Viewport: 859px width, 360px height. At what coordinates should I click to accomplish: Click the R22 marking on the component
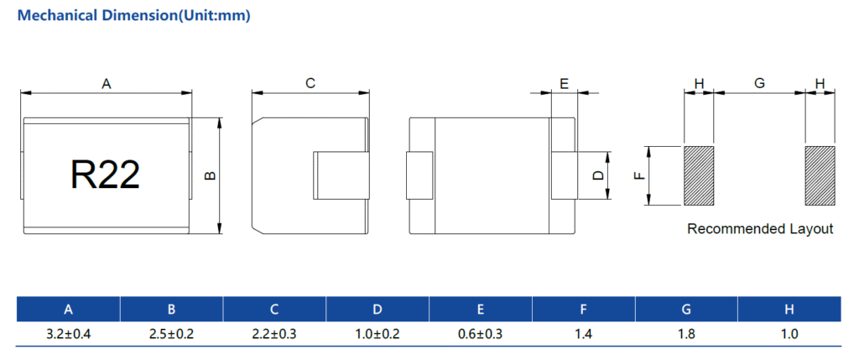[105, 175]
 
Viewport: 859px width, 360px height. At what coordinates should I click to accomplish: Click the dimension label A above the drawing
[107, 83]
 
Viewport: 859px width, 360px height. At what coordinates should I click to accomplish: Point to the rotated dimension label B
[211, 176]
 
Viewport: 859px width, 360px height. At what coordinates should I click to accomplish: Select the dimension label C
[310, 83]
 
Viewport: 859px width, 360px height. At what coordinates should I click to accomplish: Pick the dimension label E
[565, 83]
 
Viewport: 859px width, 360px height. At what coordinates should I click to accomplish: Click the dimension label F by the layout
[638, 175]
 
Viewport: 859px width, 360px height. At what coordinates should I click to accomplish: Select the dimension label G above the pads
[759, 83]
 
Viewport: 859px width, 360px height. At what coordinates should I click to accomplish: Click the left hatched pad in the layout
[699, 175]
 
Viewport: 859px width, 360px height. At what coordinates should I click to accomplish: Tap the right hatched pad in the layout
[820, 175]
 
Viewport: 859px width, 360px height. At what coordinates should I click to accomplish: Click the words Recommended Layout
[760, 228]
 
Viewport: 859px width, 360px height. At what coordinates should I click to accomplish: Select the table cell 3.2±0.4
[69, 334]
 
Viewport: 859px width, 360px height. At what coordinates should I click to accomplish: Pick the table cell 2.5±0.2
[171, 334]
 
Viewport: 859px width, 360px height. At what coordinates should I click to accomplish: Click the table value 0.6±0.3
[480, 334]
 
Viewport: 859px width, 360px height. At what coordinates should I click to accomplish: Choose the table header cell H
[789, 310]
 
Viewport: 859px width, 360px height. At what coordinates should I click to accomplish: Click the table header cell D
[377, 310]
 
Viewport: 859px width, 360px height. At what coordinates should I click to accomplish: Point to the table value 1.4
[583, 334]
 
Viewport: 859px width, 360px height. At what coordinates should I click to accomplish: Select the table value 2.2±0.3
[274, 334]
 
